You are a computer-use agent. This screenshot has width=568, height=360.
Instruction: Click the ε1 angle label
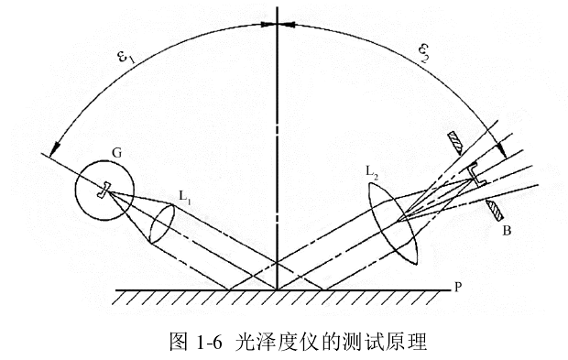tap(126, 58)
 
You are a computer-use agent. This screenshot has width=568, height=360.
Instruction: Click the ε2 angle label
tap(424, 52)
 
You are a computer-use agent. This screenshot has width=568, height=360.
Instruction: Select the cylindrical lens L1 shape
tap(161, 224)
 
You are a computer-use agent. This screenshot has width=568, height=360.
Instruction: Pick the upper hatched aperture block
tap(455, 141)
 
